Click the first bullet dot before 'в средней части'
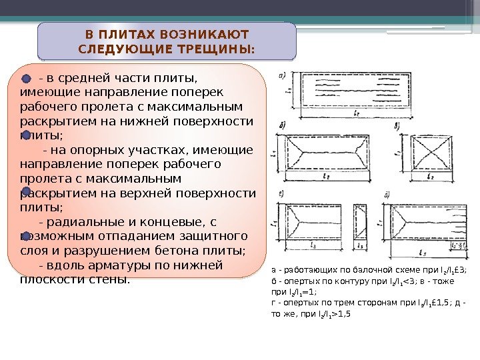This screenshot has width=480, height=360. (x=27, y=79)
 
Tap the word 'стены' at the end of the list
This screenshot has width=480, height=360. (x=106, y=279)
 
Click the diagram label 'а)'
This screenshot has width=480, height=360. (x=283, y=74)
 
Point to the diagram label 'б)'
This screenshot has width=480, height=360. (x=283, y=125)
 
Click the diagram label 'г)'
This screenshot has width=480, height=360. (x=282, y=193)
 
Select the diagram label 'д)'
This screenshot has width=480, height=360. (x=387, y=196)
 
